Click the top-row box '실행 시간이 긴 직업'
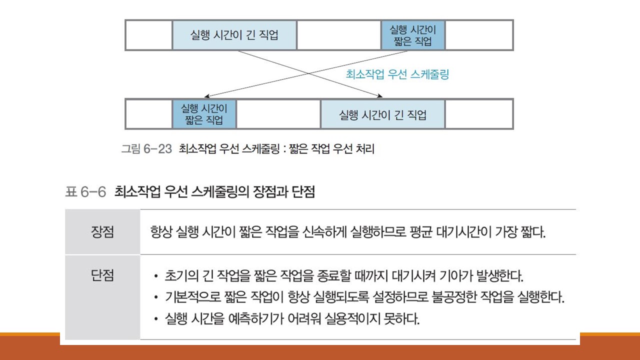[234, 35]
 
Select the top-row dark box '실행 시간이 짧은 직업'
[412, 35]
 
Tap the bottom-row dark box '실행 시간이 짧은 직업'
[204, 114]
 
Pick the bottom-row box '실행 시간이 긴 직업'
[382, 114]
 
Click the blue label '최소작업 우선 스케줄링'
[397, 74]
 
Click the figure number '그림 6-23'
[146, 149]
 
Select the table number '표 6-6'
[85, 192]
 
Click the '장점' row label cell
[102, 232]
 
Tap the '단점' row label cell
[102, 275]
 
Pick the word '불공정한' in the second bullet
[451, 297]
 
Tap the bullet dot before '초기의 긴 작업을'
[157, 276]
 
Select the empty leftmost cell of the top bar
[148, 35]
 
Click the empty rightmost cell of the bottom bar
[478, 114]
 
